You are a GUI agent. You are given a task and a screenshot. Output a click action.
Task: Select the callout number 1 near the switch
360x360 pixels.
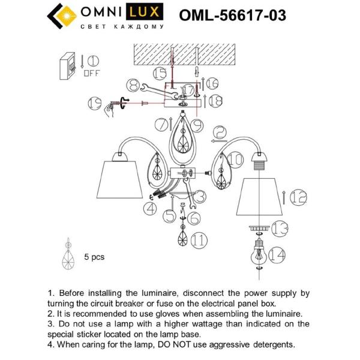click(92, 61)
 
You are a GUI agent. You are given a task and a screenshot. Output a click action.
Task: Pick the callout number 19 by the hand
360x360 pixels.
click(92, 103)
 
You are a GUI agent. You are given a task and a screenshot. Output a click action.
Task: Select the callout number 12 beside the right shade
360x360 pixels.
click(298, 196)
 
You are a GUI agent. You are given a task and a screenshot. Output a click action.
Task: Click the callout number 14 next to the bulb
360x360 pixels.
click(277, 254)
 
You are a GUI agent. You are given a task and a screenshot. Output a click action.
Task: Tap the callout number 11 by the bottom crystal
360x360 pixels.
click(199, 241)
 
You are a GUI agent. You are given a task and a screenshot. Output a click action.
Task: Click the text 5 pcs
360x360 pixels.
click(94, 256)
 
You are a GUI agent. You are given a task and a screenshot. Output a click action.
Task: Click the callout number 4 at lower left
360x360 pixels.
click(149, 209)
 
